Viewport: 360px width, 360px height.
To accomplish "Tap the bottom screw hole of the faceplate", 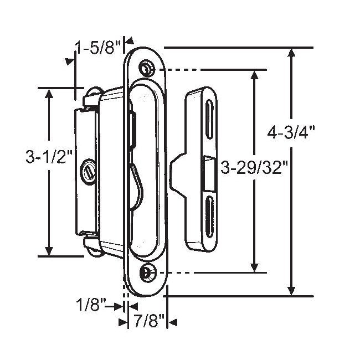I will [147, 271].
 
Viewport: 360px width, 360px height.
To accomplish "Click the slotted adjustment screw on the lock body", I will [89, 172].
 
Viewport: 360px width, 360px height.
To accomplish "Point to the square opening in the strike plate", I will [209, 171].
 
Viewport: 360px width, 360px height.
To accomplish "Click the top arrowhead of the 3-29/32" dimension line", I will [254, 76].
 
